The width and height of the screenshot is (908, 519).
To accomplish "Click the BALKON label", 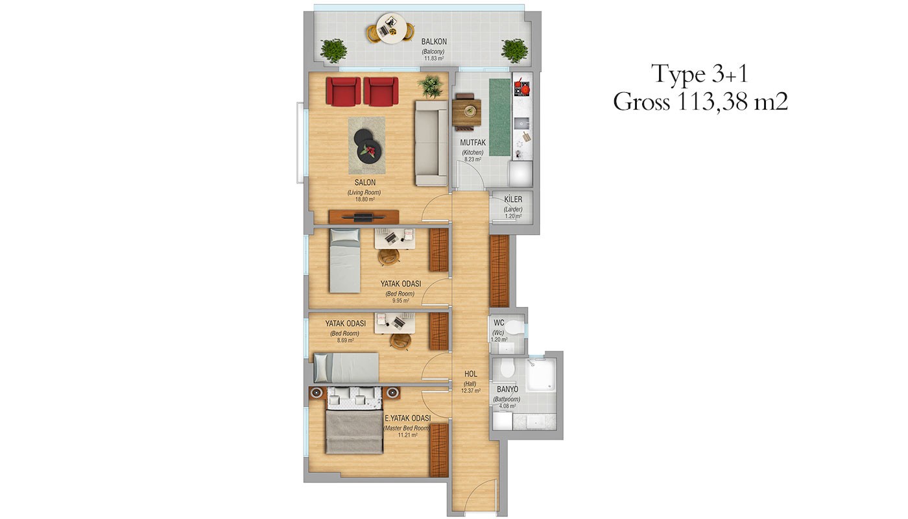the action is pos(434,42).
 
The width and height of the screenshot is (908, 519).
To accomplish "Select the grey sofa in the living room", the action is pos(431,143).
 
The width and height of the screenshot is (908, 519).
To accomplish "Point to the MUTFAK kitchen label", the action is pos(473,143).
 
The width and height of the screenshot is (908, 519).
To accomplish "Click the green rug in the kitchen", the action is pos(500,117).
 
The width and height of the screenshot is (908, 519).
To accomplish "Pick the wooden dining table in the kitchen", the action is pos(466,112).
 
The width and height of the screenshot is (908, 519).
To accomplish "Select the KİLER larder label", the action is pos(513,200).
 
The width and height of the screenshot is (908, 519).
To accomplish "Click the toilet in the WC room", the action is pos(513,327).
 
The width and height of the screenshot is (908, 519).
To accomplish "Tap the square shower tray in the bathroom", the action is pos(540,375).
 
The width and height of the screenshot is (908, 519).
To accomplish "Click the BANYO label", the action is pos(507,389).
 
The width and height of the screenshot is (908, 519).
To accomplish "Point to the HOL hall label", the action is pos(471,374).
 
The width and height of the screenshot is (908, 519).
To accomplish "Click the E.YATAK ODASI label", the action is pos(407,418).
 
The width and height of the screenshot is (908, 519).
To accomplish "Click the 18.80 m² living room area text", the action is pos(364,200).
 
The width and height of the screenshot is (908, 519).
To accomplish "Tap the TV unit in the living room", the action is pos(364,217).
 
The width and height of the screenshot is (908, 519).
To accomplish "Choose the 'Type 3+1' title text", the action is pos(700,74).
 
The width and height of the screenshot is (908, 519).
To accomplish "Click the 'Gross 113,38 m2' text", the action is pos(700,101).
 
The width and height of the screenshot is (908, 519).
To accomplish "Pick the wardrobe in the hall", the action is pos(499,271).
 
